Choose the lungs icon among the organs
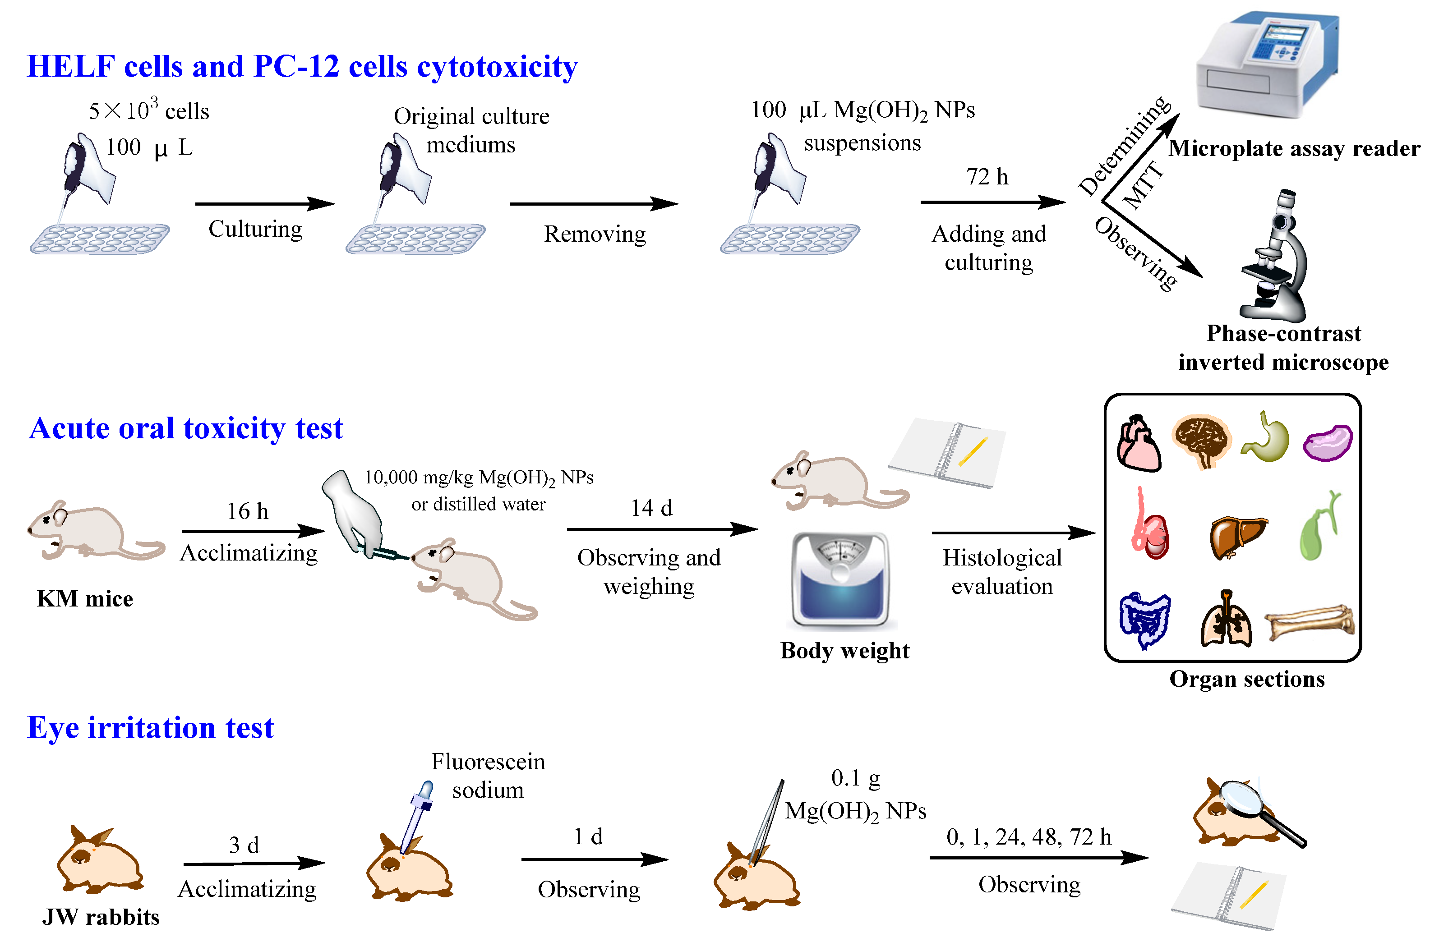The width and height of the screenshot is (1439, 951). click(x=1226, y=620)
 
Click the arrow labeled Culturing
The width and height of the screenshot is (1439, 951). click(x=264, y=204)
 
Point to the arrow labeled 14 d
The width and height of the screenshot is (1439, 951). click(x=661, y=529)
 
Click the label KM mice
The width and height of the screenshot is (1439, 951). click(x=85, y=599)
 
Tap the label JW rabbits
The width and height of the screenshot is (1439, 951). click(x=101, y=917)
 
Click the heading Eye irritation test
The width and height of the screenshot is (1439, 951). click(x=151, y=728)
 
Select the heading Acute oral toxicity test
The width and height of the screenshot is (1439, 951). click(x=186, y=429)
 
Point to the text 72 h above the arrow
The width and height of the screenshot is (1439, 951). click(x=987, y=177)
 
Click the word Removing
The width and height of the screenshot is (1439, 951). click(x=595, y=234)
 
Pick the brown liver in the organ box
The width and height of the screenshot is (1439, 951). click(x=1236, y=535)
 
